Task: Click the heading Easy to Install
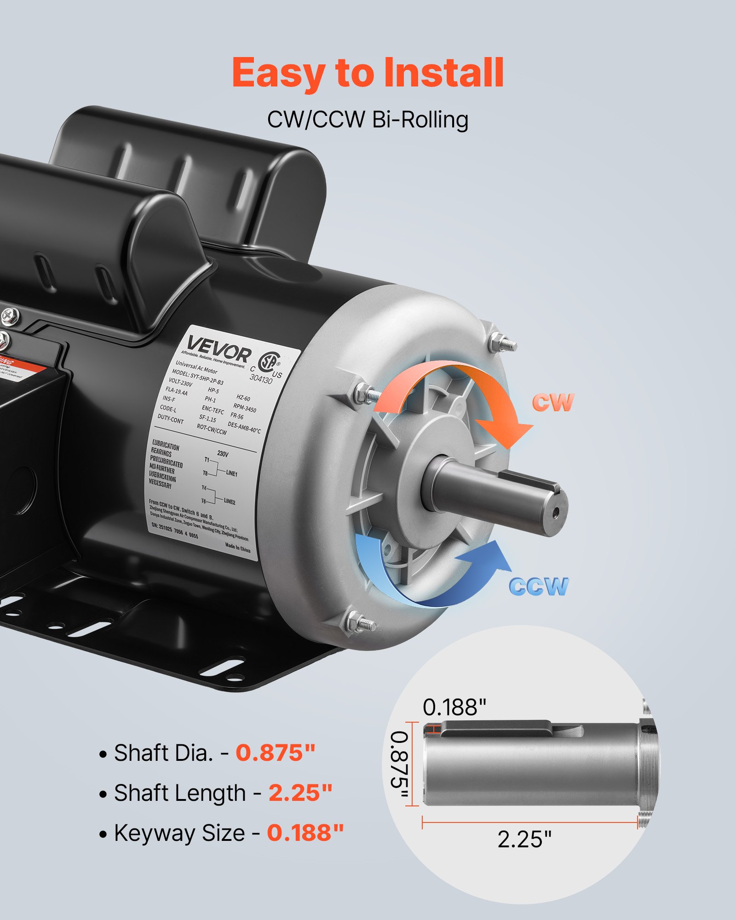point(368,72)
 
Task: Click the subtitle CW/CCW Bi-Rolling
point(368,120)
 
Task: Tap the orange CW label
point(553,402)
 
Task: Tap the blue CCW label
point(539,586)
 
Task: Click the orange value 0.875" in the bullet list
point(276,753)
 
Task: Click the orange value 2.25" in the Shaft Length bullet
point(300,793)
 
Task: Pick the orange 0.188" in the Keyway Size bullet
point(305,833)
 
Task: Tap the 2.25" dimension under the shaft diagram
point(524,839)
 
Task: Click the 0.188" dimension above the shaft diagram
point(454,707)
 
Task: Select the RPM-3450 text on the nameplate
point(245,408)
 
